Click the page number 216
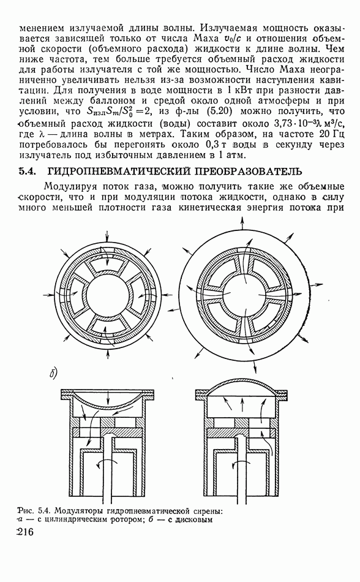(x=26, y=532)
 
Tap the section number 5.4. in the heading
(x=29, y=172)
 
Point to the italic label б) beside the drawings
(x=53, y=374)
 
